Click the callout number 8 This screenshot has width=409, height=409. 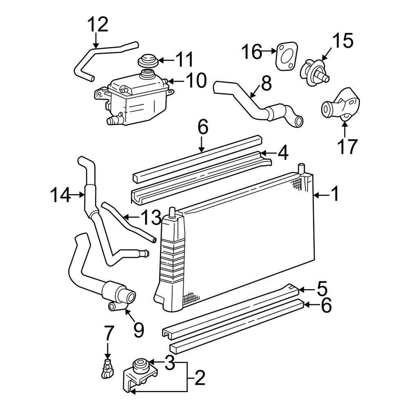coord(265,84)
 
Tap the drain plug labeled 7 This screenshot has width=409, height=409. coord(107,367)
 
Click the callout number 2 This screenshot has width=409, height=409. coord(199,379)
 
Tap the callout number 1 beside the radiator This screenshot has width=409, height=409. coord(335,194)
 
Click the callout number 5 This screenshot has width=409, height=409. coord(322,289)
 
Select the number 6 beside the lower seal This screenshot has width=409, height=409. coord(326,305)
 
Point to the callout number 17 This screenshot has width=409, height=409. coord(347,146)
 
